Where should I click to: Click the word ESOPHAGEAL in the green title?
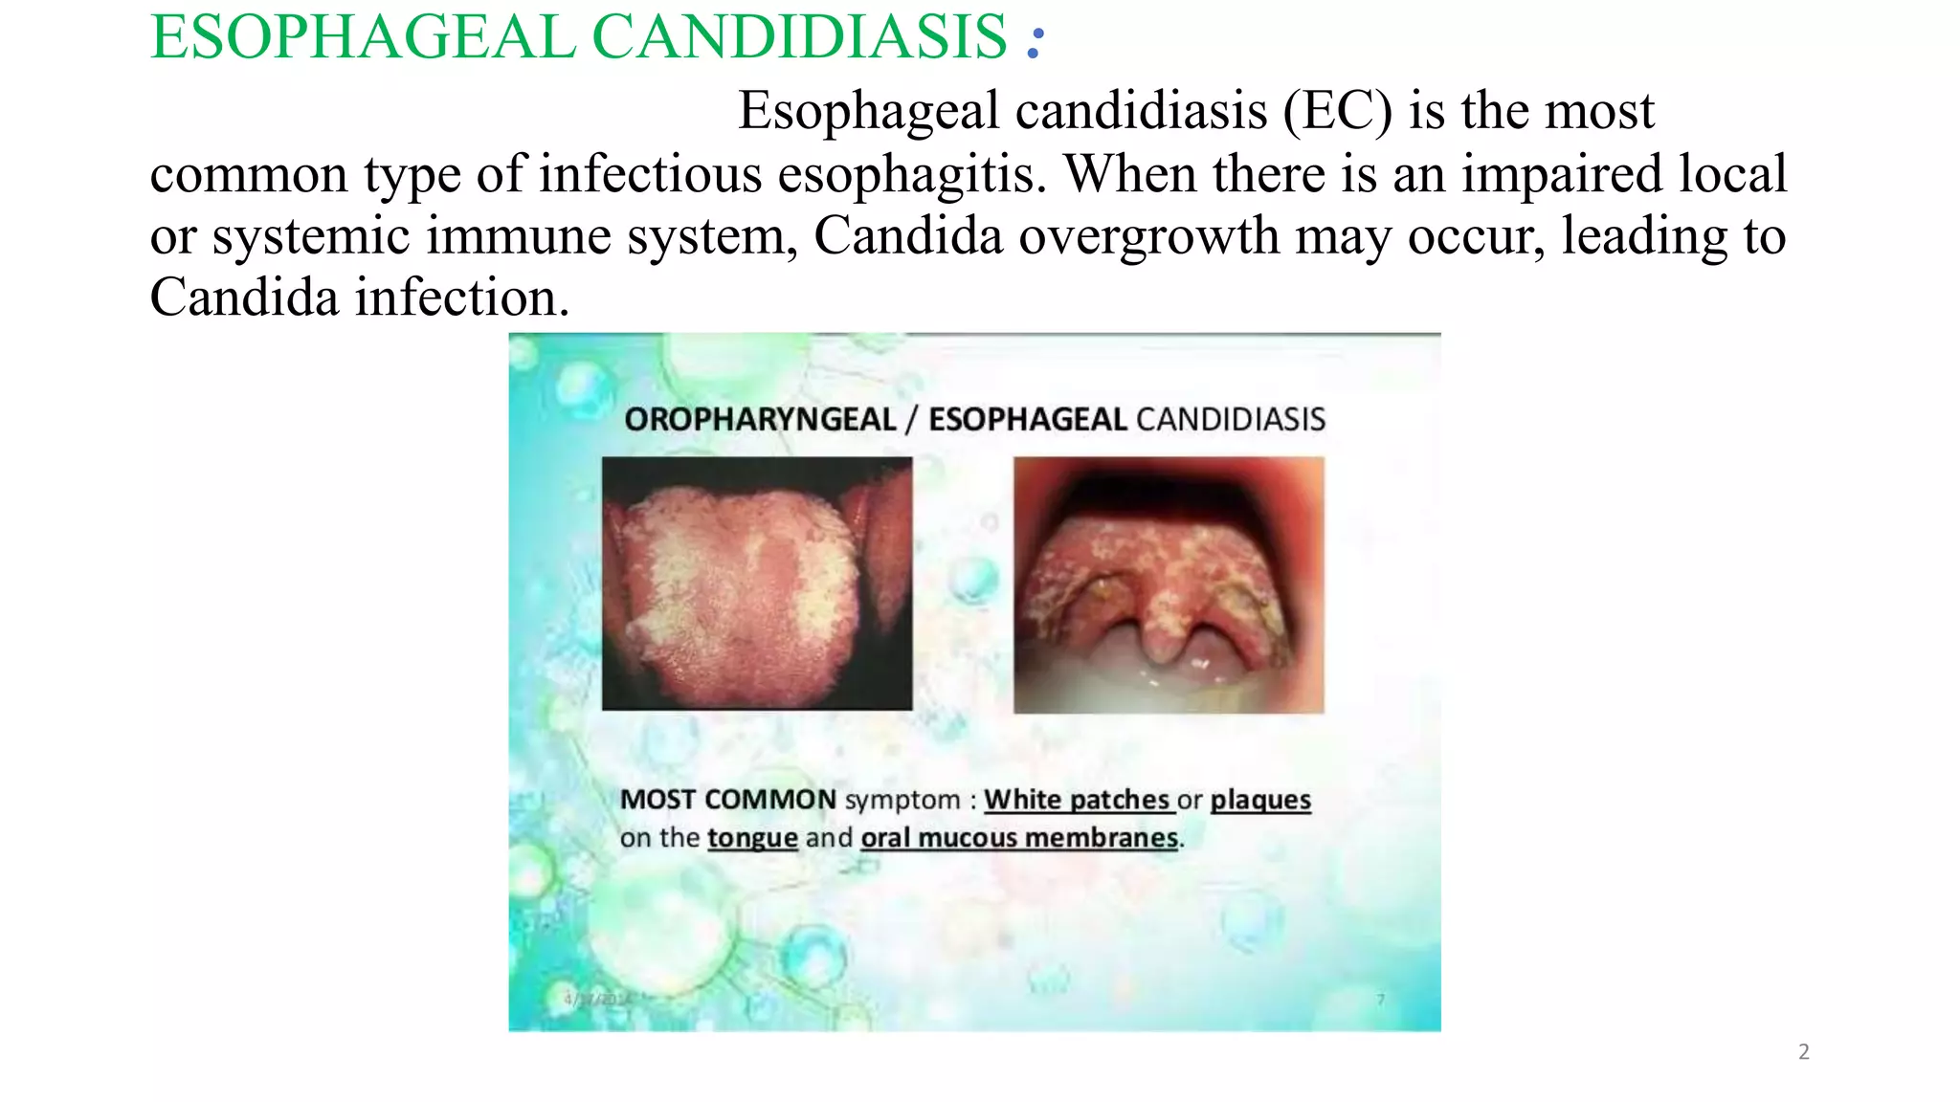pyautogui.click(x=362, y=38)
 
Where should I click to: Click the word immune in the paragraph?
pyautogui.click(x=518, y=236)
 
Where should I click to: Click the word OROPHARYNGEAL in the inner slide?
pyautogui.click(x=760, y=419)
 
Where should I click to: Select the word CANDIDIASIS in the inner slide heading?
pyautogui.click(x=1231, y=419)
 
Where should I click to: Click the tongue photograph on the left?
pyautogui.click(x=756, y=584)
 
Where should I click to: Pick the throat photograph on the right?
pyautogui.click(x=1169, y=584)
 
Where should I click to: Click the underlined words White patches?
pyautogui.click(x=1077, y=800)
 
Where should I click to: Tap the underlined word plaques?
pyautogui.click(x=1260, y=800)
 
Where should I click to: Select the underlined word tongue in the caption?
pyautogui.click(x=752, y=839)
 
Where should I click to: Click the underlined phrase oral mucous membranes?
pyautogui.click(x=1019, y=839)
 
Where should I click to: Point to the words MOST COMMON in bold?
pyautogui.click(x=727, y=800)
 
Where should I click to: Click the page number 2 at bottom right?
pyautogui.click(x=1804, y=1052)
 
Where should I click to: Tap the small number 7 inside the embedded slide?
pyautogui.click(x=1380, y=1000)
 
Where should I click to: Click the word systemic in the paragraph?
pyautogui.click(x=311, y=236)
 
